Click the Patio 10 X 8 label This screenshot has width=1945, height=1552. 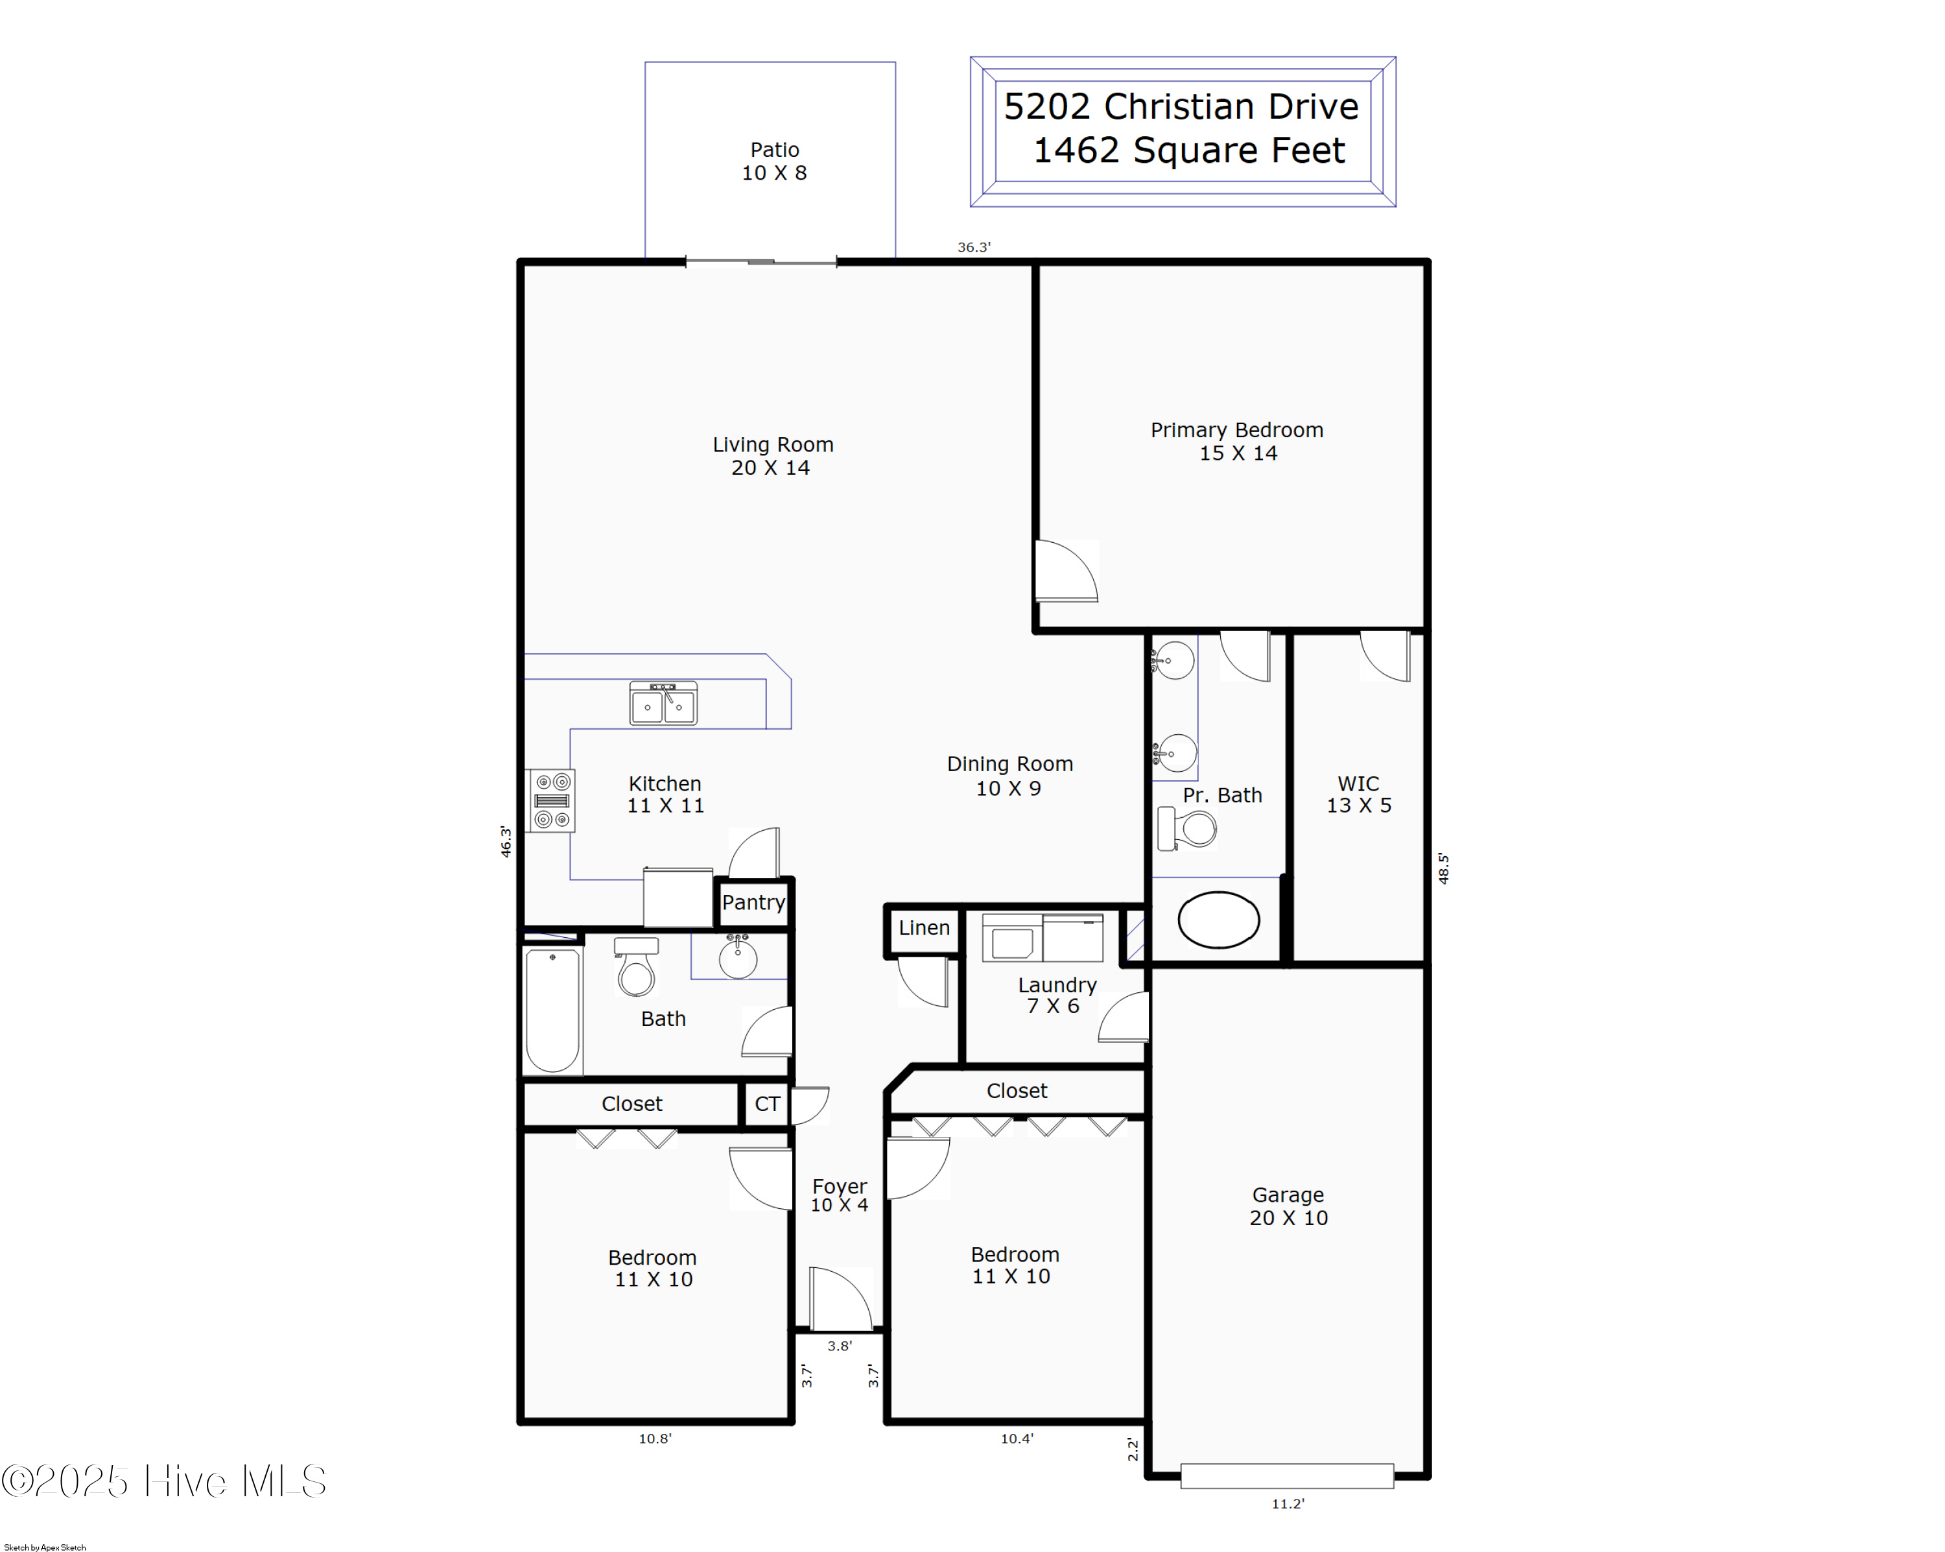(774, 161)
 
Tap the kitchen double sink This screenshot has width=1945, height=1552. (663, 704)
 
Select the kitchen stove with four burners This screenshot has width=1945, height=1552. (551, 800)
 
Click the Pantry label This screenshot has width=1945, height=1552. (753, 902)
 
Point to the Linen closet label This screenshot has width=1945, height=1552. (924, 927)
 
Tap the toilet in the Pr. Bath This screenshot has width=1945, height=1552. (1188, 828)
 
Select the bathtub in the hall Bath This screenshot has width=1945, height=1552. (552, 1010)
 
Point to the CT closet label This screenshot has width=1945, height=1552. (767, 1104)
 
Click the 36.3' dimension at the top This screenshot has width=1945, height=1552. (973, 247)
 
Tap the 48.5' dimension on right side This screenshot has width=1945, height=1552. (1443, 868)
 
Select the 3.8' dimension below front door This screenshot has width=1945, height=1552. (839, 1345)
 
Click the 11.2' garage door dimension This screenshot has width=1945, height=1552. (1288, 1503)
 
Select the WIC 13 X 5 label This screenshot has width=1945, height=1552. (1359, 794)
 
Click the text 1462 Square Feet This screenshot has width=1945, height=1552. (1188, 150)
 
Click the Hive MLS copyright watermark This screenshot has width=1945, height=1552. (164, 1481)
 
